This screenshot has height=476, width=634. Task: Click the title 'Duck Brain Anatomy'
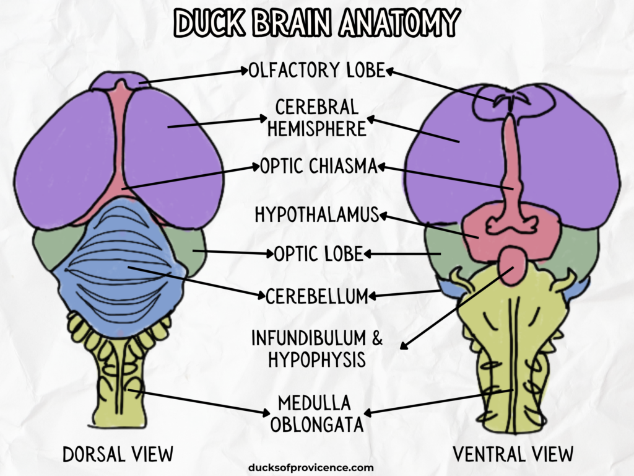point(317,24)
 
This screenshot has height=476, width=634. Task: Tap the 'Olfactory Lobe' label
point(317,70)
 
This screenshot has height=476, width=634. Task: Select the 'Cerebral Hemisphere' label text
point(317,118)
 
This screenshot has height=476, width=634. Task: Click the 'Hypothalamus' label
point(316,214)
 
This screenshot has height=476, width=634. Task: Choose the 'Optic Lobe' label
point(318,254)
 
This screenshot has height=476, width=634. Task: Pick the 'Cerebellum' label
point(317,296)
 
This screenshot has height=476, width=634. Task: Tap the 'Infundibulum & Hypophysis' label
point(317,349)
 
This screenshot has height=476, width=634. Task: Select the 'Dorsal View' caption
point(118,454)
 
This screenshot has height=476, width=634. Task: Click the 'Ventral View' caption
point(513,454)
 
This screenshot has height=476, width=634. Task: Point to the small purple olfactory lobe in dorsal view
point(118,79)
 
